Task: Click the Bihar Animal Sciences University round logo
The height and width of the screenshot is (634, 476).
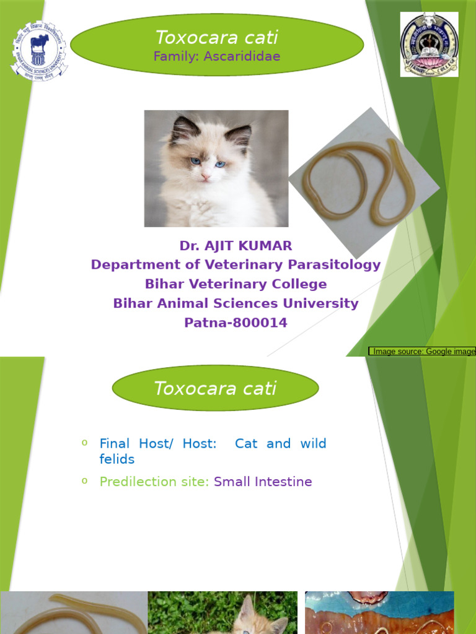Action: pos(39,51)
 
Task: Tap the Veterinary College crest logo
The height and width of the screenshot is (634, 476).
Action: pos(429,44)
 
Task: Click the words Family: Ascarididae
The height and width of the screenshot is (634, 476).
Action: pos(217,56)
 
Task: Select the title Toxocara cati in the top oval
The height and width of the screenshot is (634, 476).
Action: pos(216,38)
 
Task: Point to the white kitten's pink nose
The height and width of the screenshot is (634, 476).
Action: pos(206,176)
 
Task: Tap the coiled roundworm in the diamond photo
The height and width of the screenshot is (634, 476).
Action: pos(363,182)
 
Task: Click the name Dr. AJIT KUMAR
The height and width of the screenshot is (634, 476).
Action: pos(236,246)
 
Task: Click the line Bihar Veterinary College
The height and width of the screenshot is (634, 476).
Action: pos(236,284)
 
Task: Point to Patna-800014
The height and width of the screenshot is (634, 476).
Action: pos(236,323)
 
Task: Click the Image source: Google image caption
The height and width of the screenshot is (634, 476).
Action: pos(423,351)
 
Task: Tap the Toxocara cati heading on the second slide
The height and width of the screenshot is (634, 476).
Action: pos(215,389)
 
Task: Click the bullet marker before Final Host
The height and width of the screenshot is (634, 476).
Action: pos(84,442)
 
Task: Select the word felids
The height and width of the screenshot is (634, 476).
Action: pos(117,459)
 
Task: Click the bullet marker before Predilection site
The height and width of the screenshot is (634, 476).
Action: pos(84,480)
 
